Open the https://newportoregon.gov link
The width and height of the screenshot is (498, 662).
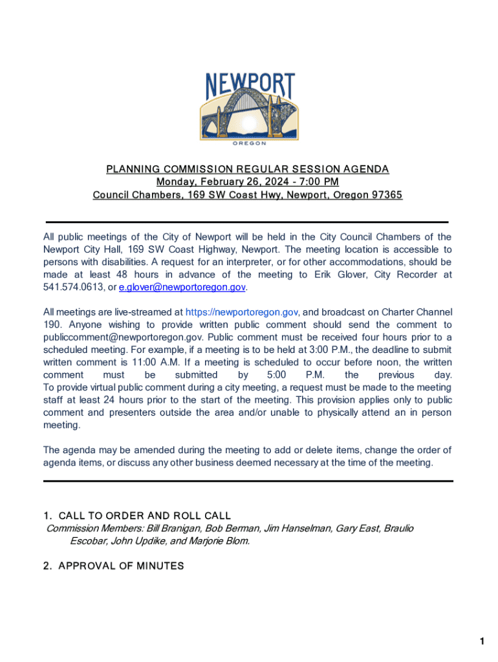click(x=242, y=312)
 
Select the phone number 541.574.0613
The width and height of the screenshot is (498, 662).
click(x=69, y=287)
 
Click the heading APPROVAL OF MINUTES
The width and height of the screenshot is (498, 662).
click(x=121, y=566)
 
